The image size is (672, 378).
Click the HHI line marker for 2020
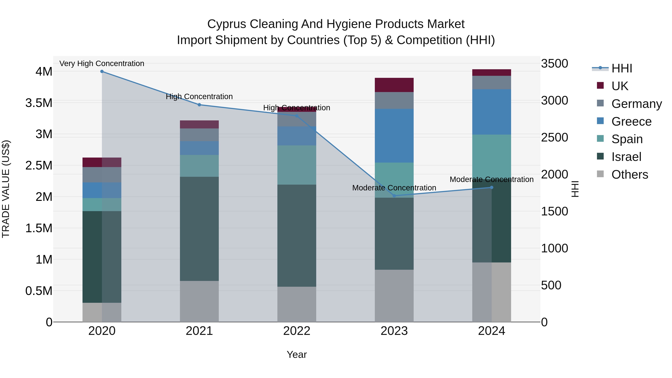click(102, 71)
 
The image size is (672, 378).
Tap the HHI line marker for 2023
click(394, 196)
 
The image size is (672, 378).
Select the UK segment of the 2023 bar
click(394, 85)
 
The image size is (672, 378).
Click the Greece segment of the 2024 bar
click(491, 112)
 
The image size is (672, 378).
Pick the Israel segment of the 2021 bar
click(199, 229)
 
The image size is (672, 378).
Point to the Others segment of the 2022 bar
click(297, 304)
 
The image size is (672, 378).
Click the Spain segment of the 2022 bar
click(297, 165)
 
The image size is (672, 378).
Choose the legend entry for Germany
click(636, 104)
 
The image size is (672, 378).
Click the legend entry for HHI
click(621, 68)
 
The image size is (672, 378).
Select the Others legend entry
click(629, 175)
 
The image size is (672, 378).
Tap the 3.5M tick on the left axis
click(39, 103)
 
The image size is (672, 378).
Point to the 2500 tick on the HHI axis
click(554, 137)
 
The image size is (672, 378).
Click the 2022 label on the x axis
click(297, 331)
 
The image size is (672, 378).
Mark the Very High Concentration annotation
click(102, 63)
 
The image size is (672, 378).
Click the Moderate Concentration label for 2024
click(491, 179)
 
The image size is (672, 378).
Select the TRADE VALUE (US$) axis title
click(6, 189)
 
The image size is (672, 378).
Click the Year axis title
click(297, 354)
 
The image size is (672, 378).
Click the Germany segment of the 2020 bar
click(102, 175)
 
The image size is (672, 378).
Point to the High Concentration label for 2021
click(199, 97)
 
